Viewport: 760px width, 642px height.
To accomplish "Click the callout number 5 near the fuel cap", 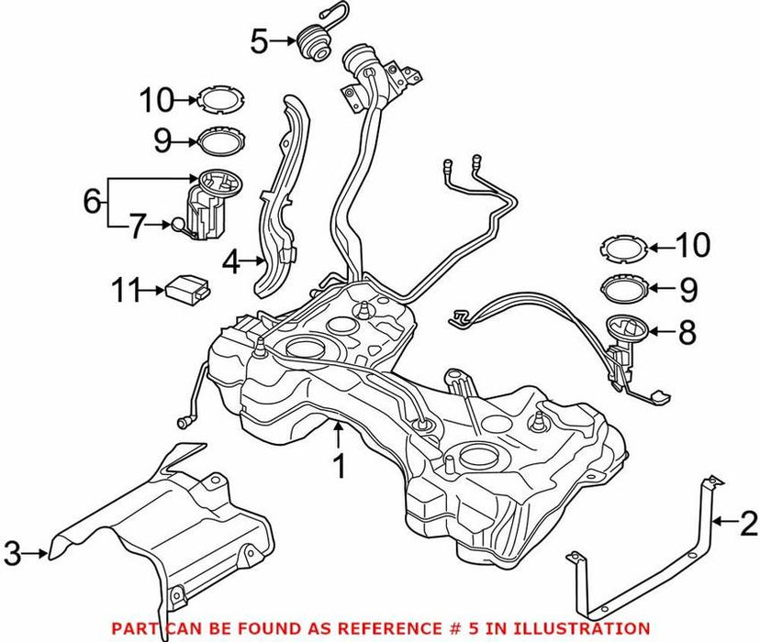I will pos(259,40).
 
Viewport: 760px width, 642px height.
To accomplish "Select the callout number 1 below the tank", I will pos(339,467).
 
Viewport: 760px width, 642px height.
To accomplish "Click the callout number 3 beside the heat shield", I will pos(11,552).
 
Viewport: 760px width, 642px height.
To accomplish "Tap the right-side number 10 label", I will pos(694,245).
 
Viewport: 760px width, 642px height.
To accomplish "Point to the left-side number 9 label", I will pos(162,140).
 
